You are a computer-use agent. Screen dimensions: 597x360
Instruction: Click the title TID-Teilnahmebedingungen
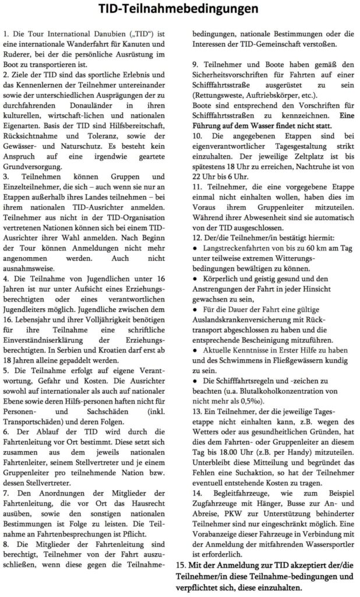[x=179, y=9]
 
